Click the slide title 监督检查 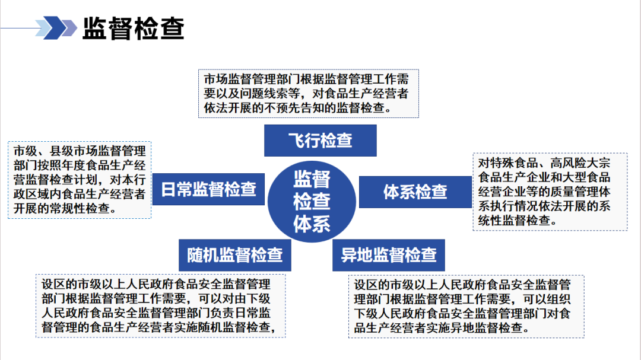tap(133, 28)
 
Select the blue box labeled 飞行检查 tap(320, 141)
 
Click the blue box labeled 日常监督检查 tap(208, 189)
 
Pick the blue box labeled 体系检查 tap(415, 192)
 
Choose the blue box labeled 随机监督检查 tap(234, 255)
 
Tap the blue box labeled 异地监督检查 tap(389, 255)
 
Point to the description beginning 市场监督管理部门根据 tap(308, 94)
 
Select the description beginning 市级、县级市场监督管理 tap(80, 180)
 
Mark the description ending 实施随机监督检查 tap(160, 306)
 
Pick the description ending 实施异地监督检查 tap(466, 306)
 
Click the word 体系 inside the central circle tap(312, 224)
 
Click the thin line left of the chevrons tap(18, 28)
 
